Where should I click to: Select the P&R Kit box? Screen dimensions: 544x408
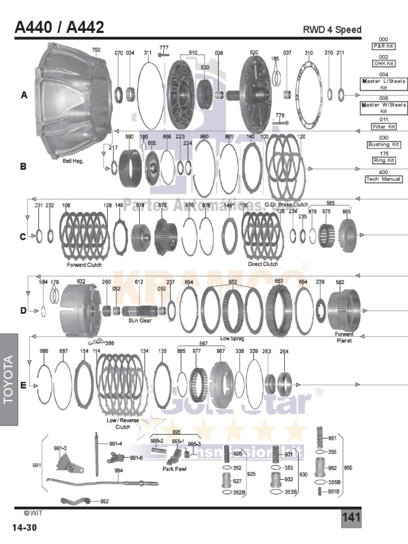pos(384,46)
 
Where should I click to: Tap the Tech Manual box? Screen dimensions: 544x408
pos(384,179)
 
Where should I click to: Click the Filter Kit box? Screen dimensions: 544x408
pos(384,126)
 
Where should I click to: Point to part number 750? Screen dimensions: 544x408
pos(96,50)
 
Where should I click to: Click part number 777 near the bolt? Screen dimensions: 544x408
pos(164,48)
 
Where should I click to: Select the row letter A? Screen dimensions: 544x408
pos(23,96)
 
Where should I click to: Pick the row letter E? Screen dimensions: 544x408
pos(23,386)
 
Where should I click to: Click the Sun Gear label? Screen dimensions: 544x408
pos(140,320)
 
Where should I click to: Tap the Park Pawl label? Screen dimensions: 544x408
pos(173,469)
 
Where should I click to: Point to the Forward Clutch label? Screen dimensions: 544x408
pos(84,265)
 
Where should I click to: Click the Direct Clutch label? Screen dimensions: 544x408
pos(263,264)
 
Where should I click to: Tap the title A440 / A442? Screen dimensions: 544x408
pos(59,27)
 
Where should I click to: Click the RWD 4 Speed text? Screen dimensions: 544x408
pos(332,29)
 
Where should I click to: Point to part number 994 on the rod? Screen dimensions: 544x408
pos(118,471)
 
